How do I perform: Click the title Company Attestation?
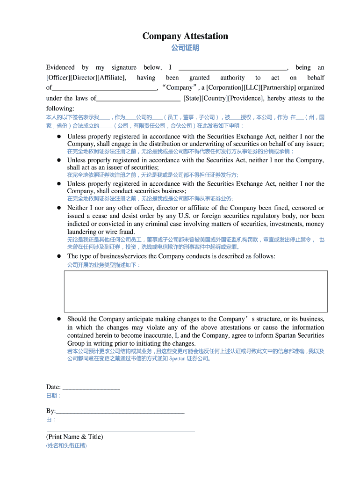185,36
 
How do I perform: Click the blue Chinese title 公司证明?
185,48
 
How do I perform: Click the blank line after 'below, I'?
232,68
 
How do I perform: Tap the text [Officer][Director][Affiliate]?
86,78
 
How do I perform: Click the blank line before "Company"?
104,88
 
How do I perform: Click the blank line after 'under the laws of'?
138,99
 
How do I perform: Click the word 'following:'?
60,109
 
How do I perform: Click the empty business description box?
195,291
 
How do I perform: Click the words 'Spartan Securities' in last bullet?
298,335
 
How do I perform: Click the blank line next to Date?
91,387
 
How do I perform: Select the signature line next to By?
120,411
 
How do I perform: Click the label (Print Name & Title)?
75,437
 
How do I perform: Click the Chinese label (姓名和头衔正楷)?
66,446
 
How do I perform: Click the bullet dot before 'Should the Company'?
59,319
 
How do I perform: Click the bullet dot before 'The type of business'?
59,256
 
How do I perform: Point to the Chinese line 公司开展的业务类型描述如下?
103,265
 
